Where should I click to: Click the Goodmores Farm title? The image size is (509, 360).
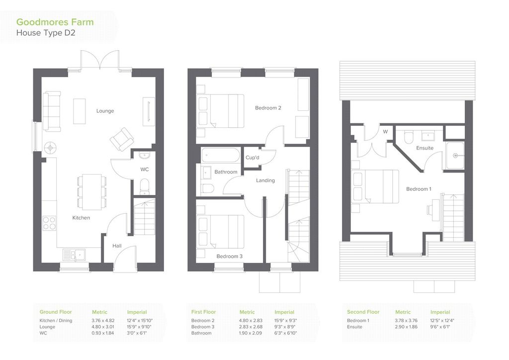click(55, 22)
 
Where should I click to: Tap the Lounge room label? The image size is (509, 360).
click(105, 111)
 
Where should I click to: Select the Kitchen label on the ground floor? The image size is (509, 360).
click(81, 218)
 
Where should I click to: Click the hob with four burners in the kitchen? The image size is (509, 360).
click(49, 223)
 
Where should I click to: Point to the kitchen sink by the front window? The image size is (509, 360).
click(74, 255)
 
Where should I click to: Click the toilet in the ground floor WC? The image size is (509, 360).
click(145, 187)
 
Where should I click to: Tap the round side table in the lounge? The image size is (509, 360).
click(51, 148)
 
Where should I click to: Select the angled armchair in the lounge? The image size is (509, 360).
click(122, 139)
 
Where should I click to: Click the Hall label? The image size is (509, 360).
click(117, 246)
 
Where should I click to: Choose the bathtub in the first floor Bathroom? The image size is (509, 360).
click(220, 155)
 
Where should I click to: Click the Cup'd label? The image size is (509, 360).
click(252, 158)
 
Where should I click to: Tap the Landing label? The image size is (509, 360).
click(265, 180)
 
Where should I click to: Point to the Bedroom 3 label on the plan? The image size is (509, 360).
click(230, 257)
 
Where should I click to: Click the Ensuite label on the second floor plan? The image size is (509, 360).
click(425, 148)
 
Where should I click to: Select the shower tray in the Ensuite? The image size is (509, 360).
click(455, 156)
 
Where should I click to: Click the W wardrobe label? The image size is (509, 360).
click(385, 132)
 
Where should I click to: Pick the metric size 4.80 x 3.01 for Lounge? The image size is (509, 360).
click(103, 327)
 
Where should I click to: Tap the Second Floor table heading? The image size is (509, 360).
click(363, 312)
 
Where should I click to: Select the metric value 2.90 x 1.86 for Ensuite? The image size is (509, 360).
click(406, 327)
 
